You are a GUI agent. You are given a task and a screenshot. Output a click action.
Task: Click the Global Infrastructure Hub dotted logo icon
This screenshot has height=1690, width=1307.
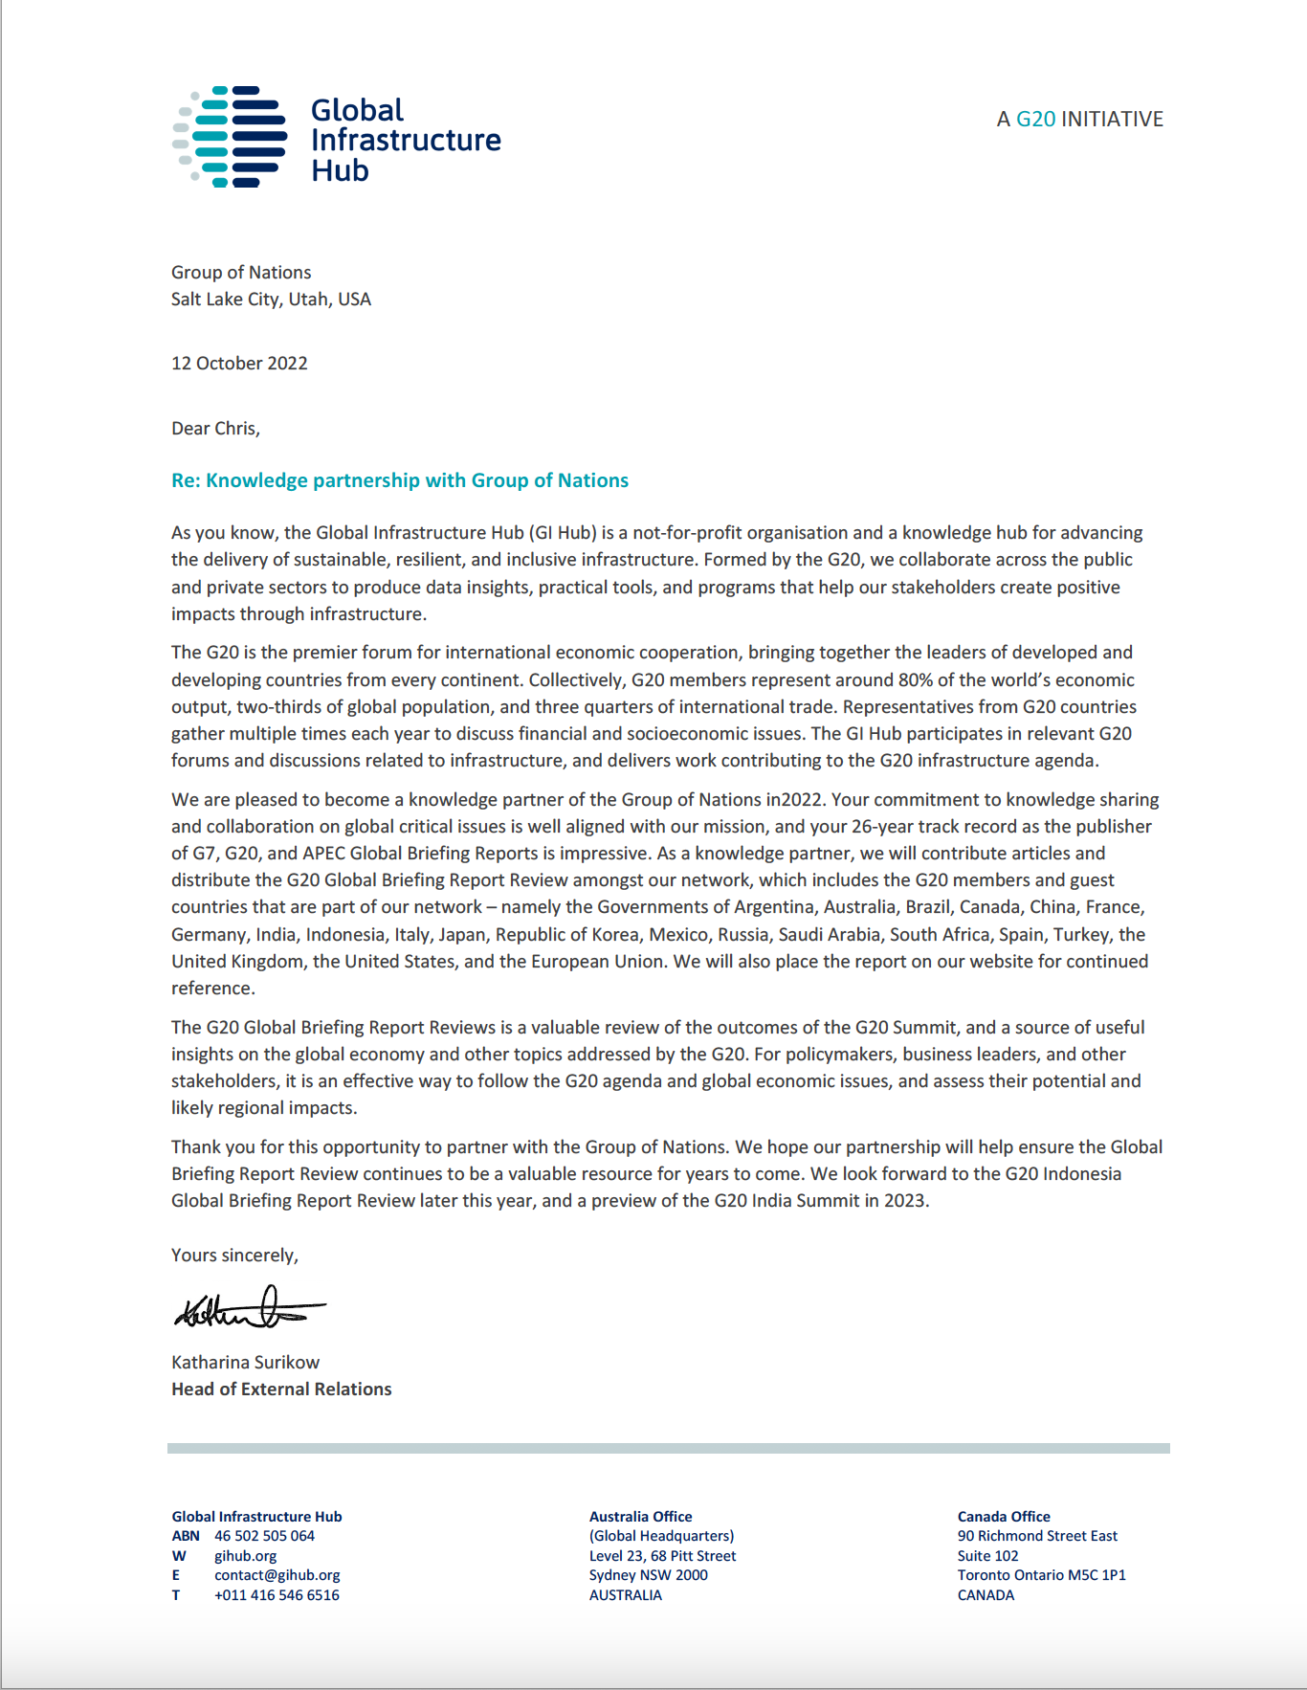(x=231, y=137)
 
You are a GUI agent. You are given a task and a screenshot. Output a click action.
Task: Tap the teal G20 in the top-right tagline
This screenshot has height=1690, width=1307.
(x=1035, y=120)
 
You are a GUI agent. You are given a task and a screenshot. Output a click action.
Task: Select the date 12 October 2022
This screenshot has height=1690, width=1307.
(x=239, y=364)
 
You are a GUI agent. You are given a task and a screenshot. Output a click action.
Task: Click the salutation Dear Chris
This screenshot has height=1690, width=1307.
(x=215, y=429)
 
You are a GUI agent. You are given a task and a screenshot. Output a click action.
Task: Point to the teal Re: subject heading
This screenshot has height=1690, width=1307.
(x=400, y=480)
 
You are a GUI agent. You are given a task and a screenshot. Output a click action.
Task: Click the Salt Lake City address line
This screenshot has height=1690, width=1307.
(x=271, y=300)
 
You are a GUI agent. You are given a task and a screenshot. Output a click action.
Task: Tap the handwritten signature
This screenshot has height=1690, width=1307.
(x=249, y=1308)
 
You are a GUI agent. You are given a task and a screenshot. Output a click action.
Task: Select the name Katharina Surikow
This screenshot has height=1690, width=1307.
(x=245, y=1362)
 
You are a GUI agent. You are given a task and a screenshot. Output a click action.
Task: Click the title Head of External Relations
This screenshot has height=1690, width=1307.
(x=281, y=1390)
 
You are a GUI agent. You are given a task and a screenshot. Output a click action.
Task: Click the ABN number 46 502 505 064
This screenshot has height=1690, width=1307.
(x=264, y=1536)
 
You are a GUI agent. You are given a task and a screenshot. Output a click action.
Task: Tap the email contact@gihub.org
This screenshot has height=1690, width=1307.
(x=277, y=1575)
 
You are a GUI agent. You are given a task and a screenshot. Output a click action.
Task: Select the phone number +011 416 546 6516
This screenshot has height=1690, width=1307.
(x=277, y=1595)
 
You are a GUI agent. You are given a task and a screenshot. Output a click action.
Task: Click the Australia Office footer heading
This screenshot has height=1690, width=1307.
(x=640, y=1517)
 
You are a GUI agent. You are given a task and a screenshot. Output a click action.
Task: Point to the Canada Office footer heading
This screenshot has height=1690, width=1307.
(x=1004, y=1517)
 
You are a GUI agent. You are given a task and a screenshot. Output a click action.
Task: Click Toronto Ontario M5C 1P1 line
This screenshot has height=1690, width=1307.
(x=1041, y=1575)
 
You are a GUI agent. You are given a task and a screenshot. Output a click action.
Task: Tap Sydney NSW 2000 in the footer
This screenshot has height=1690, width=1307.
(x=648, y=1575)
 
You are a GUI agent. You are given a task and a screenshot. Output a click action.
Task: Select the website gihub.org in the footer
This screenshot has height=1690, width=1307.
(x=245, y=1556)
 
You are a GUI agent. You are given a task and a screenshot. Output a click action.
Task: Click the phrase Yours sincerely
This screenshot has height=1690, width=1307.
(x=234, y=1256)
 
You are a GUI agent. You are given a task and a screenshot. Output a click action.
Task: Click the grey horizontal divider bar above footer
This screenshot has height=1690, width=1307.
(x=668, y=1448)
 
